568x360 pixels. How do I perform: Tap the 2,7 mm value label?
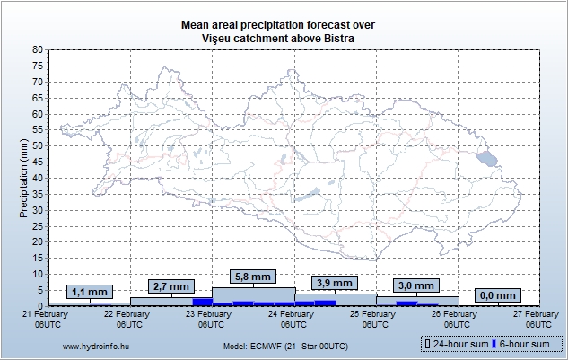point(170,286)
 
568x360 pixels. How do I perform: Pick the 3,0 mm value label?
point(415,285)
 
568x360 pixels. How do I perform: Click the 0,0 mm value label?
point(497,295)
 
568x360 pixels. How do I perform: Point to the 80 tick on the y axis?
point(37,49)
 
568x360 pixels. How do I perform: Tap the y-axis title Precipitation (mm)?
point(23,178)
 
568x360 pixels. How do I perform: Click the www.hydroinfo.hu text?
point(91,346)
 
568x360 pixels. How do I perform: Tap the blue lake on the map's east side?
point(486,161)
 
